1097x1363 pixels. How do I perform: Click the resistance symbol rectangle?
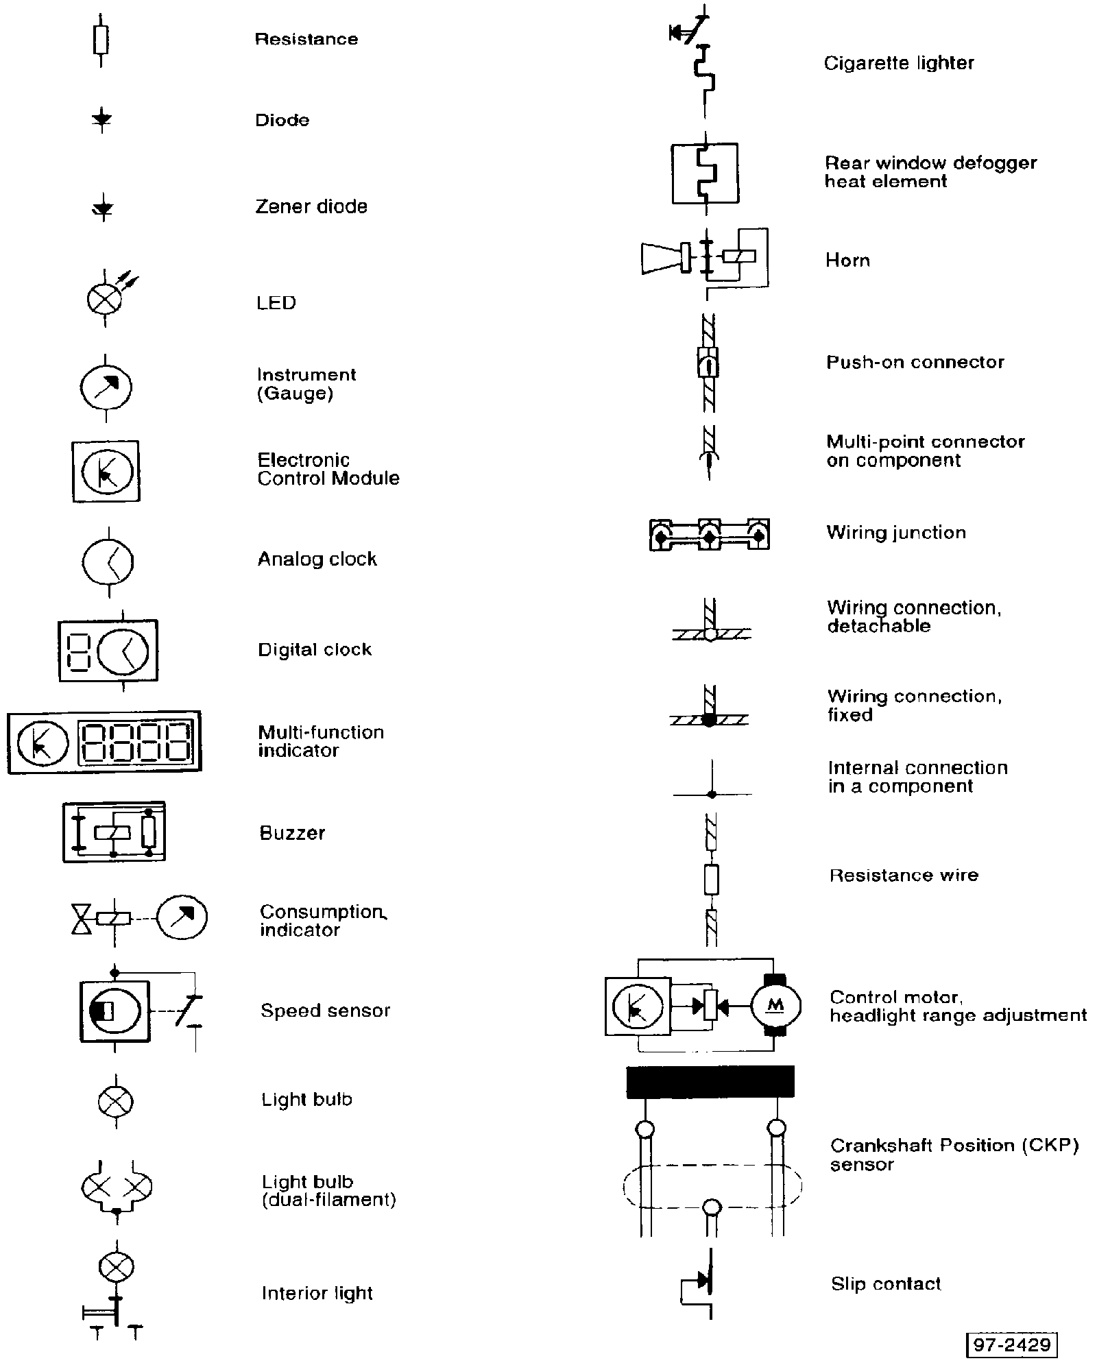(101, 40)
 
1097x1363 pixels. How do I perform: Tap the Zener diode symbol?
(103, 208)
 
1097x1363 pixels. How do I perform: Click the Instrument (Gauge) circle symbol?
(106, 387)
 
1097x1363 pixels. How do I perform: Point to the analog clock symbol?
(108, 562)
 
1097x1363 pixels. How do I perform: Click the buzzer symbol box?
(114, 832)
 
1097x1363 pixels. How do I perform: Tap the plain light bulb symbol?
(115, 1102)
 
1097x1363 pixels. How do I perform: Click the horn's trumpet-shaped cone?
(660, 259)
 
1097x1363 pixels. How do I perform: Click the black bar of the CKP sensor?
(710, 1082)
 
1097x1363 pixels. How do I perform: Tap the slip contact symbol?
(703, 1283)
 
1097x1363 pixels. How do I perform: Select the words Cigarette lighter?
(898, 64)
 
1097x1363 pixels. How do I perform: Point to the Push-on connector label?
(915, 362)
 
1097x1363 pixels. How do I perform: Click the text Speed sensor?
(325, 1011)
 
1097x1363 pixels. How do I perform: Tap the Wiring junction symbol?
(709, 534)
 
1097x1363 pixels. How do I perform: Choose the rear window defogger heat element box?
(705, 173)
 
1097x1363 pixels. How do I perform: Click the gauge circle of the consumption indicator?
(182, 917)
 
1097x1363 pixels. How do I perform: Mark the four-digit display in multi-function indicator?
(136, 743)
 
